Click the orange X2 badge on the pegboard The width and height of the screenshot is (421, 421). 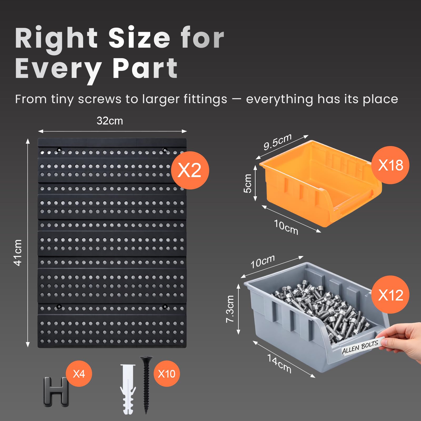click(x=190, y=170)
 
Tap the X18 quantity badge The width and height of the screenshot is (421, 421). click(x=390, y=165)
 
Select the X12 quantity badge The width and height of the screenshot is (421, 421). click(x=390, y=295)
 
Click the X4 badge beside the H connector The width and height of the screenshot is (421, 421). click(x=79, y=374)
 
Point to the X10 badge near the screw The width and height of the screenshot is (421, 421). click(x=167, y=374)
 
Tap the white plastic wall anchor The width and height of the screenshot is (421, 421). click(x=128, y=389)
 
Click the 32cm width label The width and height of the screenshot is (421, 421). click(x=110, y=121)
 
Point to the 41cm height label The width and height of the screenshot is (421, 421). click(x=18, y=253)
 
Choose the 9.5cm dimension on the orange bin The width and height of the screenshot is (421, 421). click(x=278, y=141)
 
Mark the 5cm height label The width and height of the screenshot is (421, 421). click(x=248, y=183)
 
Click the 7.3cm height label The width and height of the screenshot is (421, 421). click(x=230, y=309)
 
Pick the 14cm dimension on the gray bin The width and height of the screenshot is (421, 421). click(x=279, y=364)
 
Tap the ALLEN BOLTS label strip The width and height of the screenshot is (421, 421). click(x=360, y=346)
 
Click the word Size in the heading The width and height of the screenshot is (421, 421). click(x=139, y=38)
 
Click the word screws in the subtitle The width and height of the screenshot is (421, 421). click(x=99, y=99)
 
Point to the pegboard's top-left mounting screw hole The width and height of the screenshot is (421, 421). click(x=59, y=150)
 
